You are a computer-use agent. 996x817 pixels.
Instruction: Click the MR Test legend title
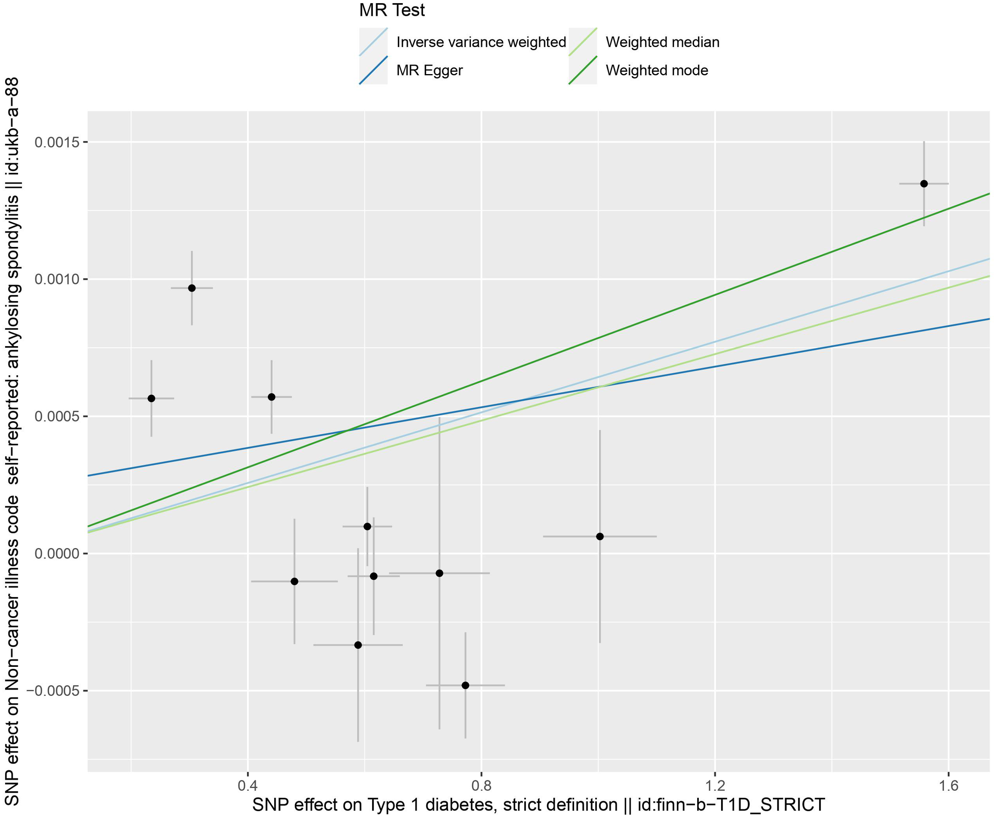[392, 10]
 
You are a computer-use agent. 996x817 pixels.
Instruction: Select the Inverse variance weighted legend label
[481, 42]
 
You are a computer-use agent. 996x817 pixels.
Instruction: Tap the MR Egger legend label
[429, 71]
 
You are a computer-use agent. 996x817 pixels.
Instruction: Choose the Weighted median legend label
[662, 42]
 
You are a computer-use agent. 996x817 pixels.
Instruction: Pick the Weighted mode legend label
[657, 71]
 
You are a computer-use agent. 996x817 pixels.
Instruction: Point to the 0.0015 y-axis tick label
[55, 142]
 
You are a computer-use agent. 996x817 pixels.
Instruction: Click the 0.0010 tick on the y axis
[55, 280]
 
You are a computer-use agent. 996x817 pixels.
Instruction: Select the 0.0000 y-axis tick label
[55, 554]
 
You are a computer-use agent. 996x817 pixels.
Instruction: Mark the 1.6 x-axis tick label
[948, 786]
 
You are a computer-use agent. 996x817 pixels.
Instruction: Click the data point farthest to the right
[924, 184]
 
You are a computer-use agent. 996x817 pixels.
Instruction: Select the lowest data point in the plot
[465, 685]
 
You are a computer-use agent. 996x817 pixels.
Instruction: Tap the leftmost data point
[151, 398]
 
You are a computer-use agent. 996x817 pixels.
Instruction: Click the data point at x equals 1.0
[600, 537]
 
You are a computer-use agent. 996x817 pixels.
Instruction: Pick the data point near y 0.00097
[192, 288]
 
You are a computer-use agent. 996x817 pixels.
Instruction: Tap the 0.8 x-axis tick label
[481, 786]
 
